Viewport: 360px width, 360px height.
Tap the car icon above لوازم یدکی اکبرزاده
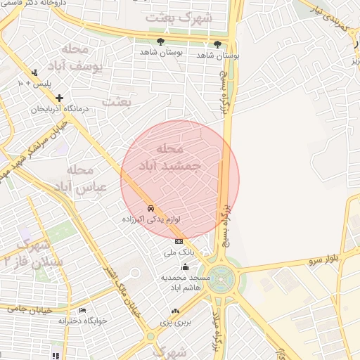[151, 209]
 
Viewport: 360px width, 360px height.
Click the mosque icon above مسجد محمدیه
[185, 266]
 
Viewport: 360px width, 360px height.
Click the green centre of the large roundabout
[219, 277]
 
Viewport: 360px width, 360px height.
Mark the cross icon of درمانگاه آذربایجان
[59, 98]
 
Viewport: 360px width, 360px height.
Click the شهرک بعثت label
[179, 18]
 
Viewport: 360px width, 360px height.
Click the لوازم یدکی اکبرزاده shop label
[153, 219]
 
